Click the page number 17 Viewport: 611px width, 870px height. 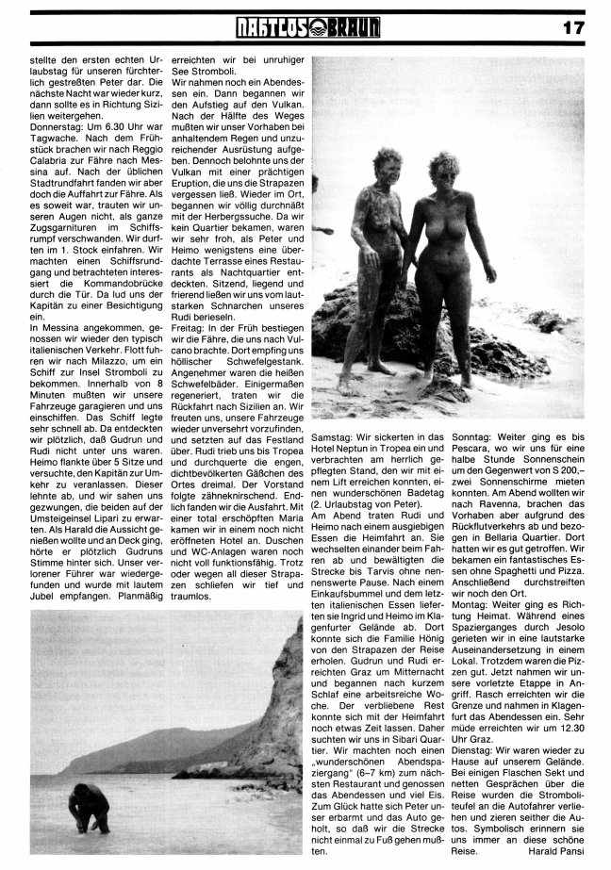pyautogui.click(x=573, y=27)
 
